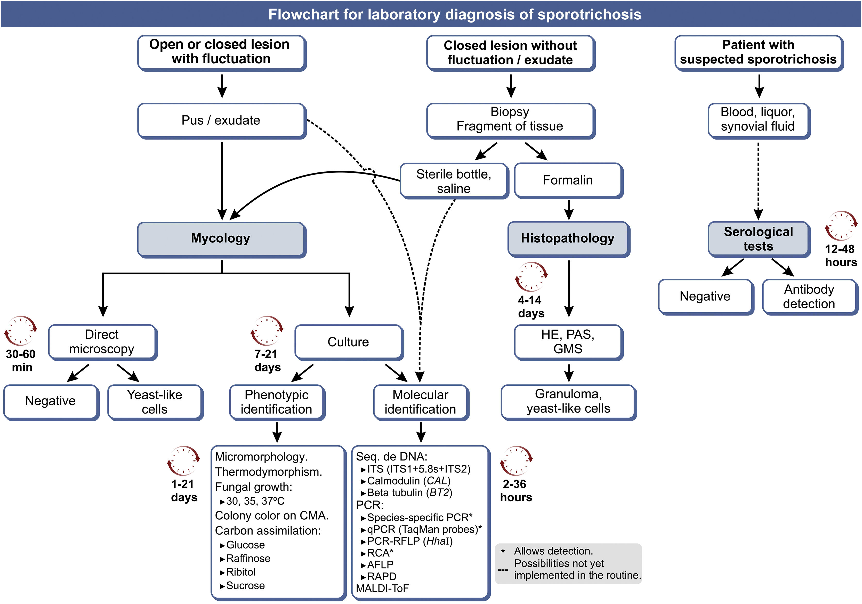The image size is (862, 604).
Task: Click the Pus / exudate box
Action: pos(221,121)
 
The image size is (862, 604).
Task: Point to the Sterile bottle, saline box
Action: pos(454,181)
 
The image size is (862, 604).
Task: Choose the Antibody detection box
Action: pos(809,296)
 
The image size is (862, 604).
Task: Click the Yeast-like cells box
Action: pos(155,402)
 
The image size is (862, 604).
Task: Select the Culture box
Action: pos(348,342)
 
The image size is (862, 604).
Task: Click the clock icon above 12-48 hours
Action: pos(841,226)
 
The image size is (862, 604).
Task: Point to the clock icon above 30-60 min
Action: pos(21,331)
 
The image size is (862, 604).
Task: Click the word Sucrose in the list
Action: pos(246,586)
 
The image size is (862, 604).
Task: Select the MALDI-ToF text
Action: pos(382,588)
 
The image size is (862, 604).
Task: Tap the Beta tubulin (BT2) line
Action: pos(409,492)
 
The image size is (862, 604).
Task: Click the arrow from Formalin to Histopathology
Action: pos(569,210)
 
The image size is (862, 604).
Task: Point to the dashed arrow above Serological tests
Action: pos(758,180)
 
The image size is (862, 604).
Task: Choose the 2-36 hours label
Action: pos(516,491)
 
